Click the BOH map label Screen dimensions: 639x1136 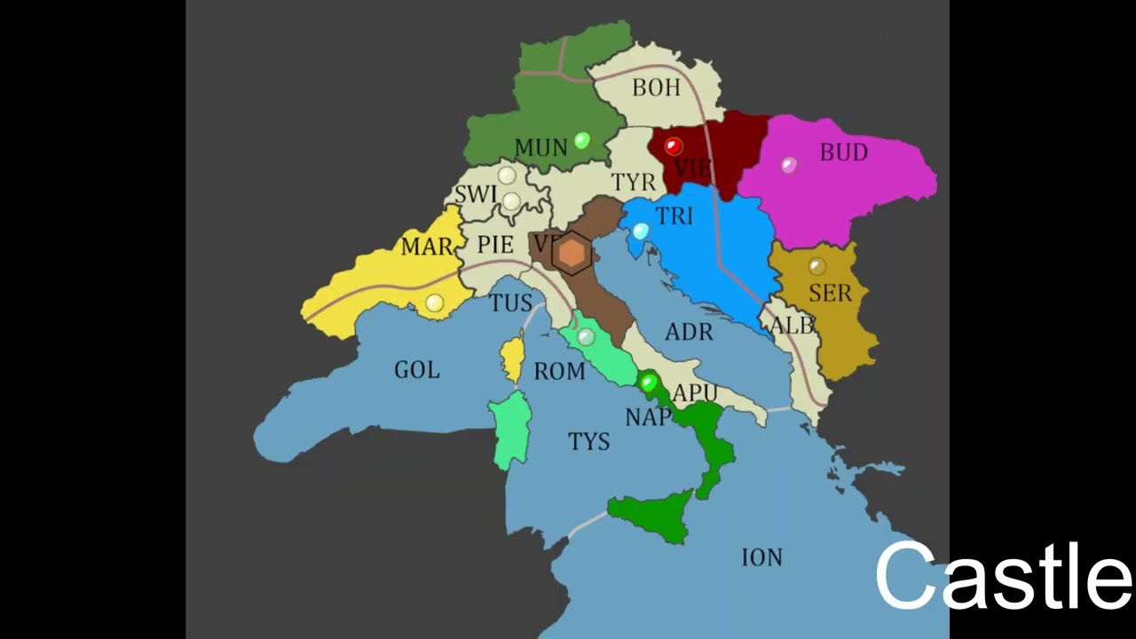[x=656, y=88]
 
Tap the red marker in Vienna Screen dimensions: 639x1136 [x=673, y=146]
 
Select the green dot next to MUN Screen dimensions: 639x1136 [x=582, y=140]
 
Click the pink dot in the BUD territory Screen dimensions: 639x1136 [x=789, y=164]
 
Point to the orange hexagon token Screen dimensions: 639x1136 [x=572, y=254]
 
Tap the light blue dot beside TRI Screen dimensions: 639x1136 [x=640, y=232]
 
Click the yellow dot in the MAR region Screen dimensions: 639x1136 [x=434, y=303]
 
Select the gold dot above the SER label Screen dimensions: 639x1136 [x=816, y=266]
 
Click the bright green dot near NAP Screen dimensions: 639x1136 [x=648, y=383]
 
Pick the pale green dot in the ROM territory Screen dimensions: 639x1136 [x=585, y=336]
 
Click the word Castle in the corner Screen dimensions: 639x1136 [x=1003, y=577]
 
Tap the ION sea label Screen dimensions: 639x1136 [x=761, y=557]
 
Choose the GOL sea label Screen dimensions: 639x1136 [x=416, y=369]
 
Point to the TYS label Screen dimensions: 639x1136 [x=588, y=441]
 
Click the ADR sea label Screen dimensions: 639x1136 [x=689, y=332]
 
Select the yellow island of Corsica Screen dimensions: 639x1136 [x=513, y=359]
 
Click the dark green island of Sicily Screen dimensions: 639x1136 [x=652, y=516]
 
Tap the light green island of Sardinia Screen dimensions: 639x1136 [x=512, y=430]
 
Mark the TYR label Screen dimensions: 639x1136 [x=633, y=183]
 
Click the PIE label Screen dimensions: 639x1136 [x=495, y=245]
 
